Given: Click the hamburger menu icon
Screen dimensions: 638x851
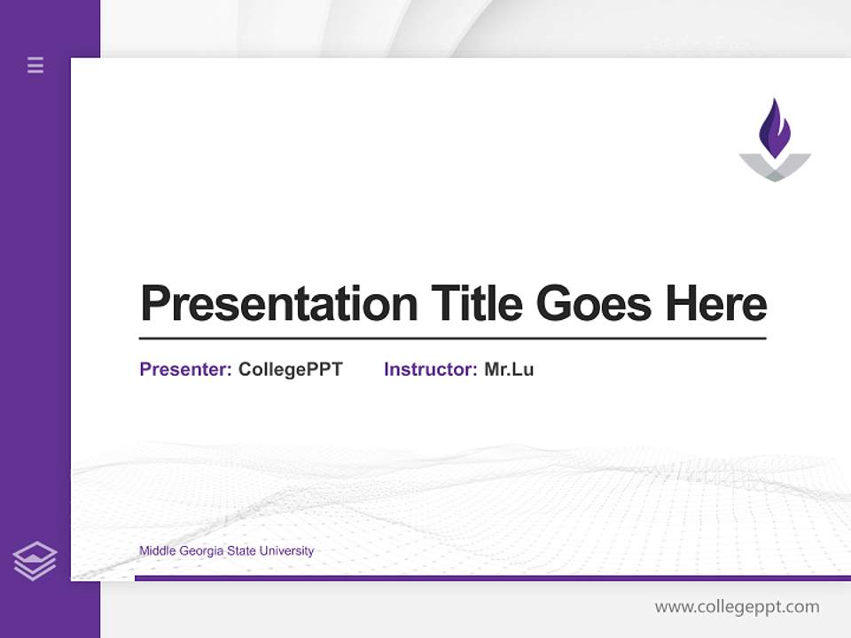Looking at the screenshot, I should (35, 65).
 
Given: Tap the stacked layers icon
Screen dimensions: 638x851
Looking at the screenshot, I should (35, 561).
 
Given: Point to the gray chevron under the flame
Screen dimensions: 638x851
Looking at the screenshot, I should (775, 167).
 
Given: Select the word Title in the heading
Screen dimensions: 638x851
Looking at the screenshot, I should (476, 303).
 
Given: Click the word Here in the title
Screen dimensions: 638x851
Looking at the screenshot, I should (716, 303).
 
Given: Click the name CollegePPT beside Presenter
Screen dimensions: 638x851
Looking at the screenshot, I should (290, 370).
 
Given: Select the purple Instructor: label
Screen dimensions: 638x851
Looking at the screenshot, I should (431, 370).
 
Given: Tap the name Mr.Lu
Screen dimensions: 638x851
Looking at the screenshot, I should (509, 370).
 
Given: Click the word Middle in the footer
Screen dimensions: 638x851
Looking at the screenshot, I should (157, 551).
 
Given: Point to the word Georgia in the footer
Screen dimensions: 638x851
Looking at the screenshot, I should (201, 551).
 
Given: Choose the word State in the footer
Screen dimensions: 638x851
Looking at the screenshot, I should (241, 551).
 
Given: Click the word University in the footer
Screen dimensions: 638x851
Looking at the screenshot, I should (286, 551).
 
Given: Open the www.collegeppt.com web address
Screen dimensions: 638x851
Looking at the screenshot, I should (737, 607).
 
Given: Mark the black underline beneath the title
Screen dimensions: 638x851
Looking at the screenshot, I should (452, 338).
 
